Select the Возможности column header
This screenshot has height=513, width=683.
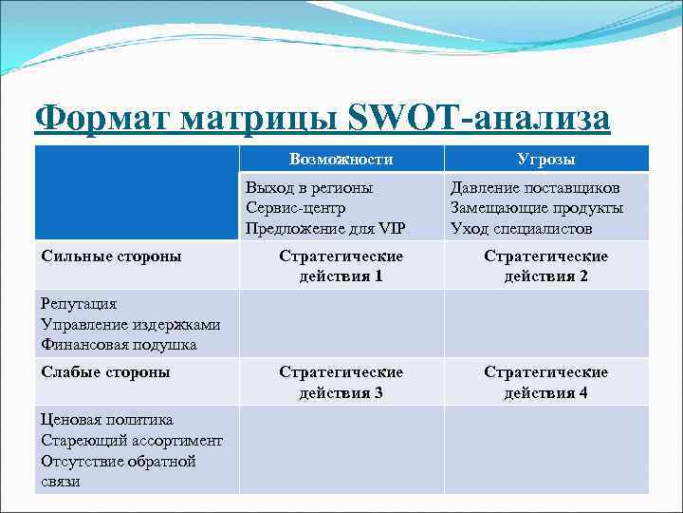pyautogui.click(x=341, y=159)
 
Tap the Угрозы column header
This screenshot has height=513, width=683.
pyautogui.click(x=546, y=159)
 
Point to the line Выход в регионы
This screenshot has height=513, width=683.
pyautogui.click(x=308, y=188)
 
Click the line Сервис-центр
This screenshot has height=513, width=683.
pyautogui.click(x=295, y=208)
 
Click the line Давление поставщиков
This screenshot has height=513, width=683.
pyautogui.click(x=535, y=188)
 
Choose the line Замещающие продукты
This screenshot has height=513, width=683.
pyautogui.click(x=536, y=208)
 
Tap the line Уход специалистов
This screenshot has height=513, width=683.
pyautogui.click(x=521, y=228)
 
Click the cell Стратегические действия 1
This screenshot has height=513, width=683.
pyautogui.click(x=341, y=266)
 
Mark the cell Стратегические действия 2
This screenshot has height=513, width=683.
pyautogui.click(x=545, y=266)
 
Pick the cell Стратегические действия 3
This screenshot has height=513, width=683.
pyautogui.click(x=341, y=382)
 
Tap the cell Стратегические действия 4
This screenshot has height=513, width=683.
pyautogui.click(x=545, y=382)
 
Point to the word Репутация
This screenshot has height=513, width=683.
pyautogui.click(x=79, y=304)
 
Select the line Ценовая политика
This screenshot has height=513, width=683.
pyautogui.click(x=107, y=420)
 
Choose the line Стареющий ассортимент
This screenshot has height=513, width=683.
pyautogui.click(x=132, y=441)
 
